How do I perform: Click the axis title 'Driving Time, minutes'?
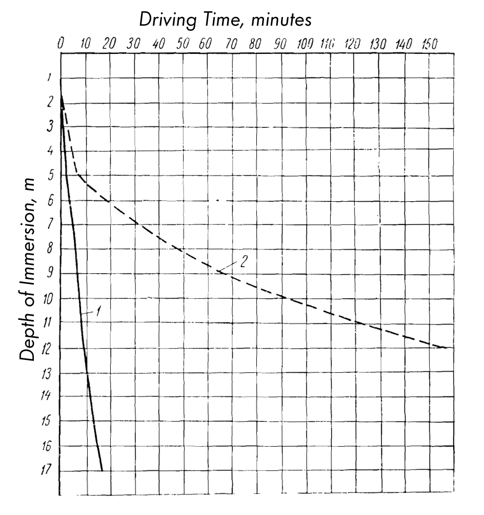[226, 21]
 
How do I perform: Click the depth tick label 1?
[49, 78]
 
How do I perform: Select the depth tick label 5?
[49, 176]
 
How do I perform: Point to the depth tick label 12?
[48, 348]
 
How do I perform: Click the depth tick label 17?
[48, 470]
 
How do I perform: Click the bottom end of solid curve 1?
[102, 470]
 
